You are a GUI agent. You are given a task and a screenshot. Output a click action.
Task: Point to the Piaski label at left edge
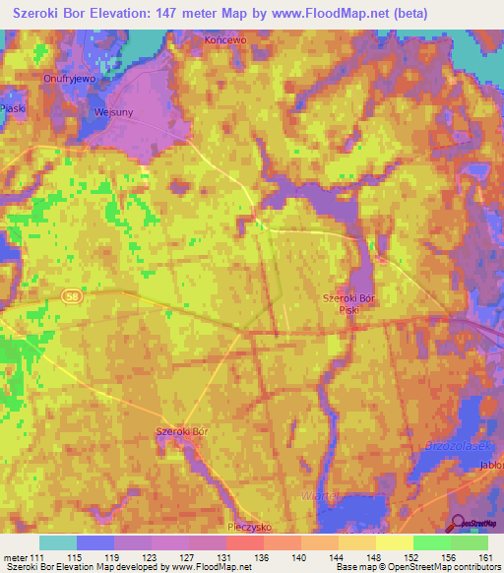(13, 109)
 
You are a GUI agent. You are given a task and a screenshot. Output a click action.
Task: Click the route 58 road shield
(70, 294)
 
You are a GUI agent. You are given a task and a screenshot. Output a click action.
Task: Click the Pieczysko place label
(249, 527)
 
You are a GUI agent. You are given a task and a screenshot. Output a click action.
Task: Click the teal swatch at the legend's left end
(58, 542)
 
